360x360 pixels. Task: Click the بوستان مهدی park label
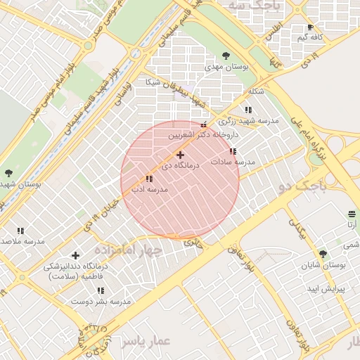pyautogui.click(x=227, y=66)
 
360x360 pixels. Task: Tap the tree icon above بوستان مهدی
pyautogui.click(x=226, y=55)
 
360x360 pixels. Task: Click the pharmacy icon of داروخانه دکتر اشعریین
pyautogui.click(x=203, y=124)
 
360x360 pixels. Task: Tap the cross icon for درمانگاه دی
pyautogui.click(x=180, y=155)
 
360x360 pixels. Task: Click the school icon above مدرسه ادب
pyautogui.click(x=149, y=179)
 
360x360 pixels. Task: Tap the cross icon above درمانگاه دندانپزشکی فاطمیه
pyautogui.click(x=76, y=255)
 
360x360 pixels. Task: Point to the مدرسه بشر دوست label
pyautogui.click(x=101, y=302)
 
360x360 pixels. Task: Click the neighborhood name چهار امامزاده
pyautogui.click(x=132, y=250)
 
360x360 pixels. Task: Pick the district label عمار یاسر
pyautogui.click(x=145, y=341)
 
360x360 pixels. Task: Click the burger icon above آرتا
pyautogui.click(x=352, y=214)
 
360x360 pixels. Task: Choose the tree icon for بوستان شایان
pyautogui.click(x=323, y=254)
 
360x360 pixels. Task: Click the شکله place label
pyautogui.click(x=256, y=92)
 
